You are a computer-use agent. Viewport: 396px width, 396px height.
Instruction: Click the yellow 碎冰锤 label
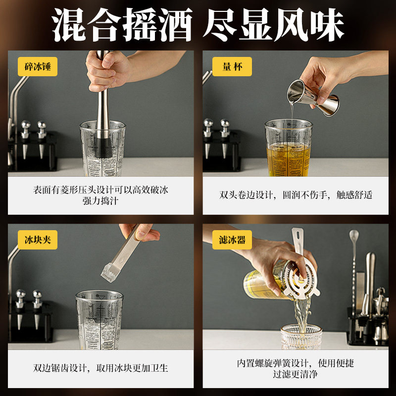38,67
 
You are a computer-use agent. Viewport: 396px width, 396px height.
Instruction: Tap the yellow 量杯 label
232,67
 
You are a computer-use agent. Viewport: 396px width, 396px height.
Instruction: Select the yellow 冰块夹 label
38,241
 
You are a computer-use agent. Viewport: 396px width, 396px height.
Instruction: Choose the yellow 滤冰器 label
232,241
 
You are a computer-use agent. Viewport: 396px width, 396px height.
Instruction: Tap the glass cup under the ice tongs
99,317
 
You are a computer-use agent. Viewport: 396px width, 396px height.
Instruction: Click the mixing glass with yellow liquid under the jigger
289,146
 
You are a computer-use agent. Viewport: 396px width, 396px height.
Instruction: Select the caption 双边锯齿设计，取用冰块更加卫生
101,368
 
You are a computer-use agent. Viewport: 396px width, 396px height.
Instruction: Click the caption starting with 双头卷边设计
296,195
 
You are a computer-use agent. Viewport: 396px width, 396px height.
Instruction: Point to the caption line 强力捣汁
101,200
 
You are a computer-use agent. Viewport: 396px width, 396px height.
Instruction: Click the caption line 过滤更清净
296,374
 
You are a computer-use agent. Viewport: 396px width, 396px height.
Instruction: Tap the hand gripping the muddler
106,69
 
